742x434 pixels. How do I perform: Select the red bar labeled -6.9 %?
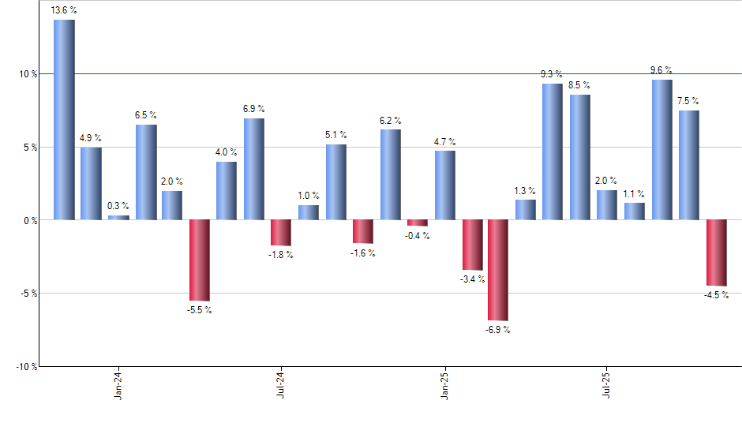tap(498, 270)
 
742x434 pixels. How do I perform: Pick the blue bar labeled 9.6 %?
tap(661, 150)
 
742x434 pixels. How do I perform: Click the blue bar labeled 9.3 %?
tap(553, 152)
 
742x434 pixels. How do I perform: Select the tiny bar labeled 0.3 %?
tap(118, 218)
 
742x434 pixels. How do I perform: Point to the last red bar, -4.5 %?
tap(716, 253)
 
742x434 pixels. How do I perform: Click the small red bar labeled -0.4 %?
tap(417, 223)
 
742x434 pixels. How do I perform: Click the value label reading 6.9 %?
tap(253, 109)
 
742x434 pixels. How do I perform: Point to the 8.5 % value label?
tap(579, 85)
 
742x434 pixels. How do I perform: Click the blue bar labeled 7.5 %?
tap(688, 166)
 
